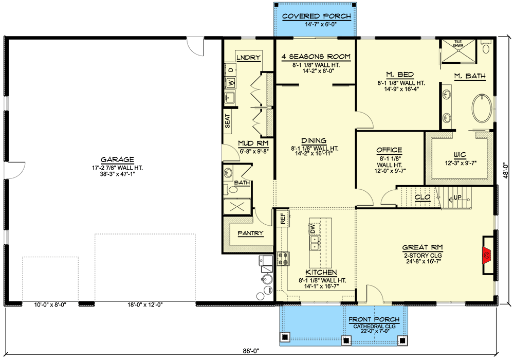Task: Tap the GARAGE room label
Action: tap(118, 159)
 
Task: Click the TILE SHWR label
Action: tap(457, 44)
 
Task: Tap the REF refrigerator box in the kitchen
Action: tap(283, 218)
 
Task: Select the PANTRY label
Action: tap(250, 233)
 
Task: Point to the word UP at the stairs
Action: tap(456, 197)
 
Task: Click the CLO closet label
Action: tap(423, 197)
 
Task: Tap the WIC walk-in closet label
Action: tap(460, 154)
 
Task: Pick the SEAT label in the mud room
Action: tap(228, 121)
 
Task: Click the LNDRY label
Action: tap(248, 57)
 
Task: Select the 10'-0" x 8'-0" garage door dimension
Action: tap(50, 304)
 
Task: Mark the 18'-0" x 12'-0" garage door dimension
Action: tap(144, 304)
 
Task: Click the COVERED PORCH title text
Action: tap(316, 16)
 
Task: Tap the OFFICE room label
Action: tap(389, 150)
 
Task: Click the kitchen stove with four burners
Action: tap(283, 258)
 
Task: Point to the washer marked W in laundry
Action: tap(231, 82)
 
